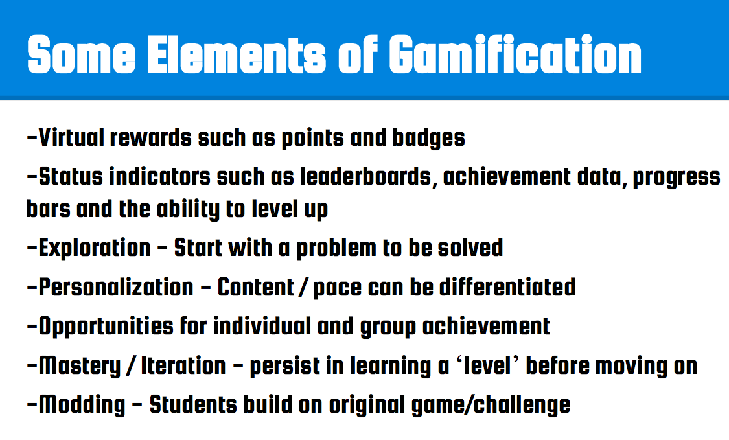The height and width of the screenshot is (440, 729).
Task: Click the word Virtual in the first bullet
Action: pyautogui.click(x=71, y=137)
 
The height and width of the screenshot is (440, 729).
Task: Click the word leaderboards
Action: pyautogui.click(x=366, y=177)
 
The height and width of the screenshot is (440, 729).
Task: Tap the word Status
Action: pyautogui.click(x=71, y=177)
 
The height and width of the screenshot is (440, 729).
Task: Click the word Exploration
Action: pyautogui.click(x=95, y=248)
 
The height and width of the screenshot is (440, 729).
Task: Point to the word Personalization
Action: pyautogui.click(x=116, y=288)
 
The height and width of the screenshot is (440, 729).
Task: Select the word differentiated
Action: pyautogui.click(x=507, y=287)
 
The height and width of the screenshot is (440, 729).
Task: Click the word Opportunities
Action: pyautogui.click(x=106, y=327)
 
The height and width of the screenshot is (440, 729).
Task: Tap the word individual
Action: pyautogui.click(x=262, y=326)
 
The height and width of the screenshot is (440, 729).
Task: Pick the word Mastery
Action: pyautogui.click(x=80, y=366)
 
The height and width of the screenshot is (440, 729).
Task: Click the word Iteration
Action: pyautogui.click(x=183, y=365)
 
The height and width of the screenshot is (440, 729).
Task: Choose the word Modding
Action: pyautogui.click(x=82, y=405)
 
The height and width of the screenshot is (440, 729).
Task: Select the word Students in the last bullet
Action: pyautogui.click(x=193, y=404)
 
